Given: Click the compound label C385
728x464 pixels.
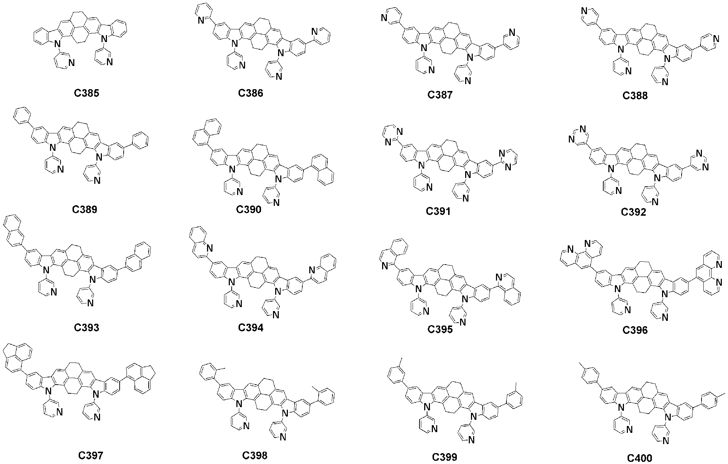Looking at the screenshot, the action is click(87, 93).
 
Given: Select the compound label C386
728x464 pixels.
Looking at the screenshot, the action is click(251, 93).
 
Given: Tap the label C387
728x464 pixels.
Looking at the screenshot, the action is click(440, 95).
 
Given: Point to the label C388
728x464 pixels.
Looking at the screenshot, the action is click(635, 96).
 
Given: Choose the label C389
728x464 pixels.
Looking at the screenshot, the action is click(85, 210).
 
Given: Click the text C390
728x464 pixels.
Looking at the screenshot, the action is click(249, 210).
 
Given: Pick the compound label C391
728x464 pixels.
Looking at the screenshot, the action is click(438, 211).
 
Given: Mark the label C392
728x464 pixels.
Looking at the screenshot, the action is click(633, 212).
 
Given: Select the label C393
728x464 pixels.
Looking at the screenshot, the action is click(87, 327).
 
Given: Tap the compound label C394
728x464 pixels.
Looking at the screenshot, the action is click(251, 327).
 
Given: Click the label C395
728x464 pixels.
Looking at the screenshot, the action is click(440, 329).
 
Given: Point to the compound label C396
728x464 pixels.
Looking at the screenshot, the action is click(635, 330).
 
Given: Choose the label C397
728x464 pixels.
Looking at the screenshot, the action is click(91, 455).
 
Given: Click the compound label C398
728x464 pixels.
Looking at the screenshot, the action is click(255, 455).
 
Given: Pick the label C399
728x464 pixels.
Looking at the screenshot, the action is click(444, 457).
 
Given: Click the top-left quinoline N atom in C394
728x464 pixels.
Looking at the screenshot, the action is click(209, 248).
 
